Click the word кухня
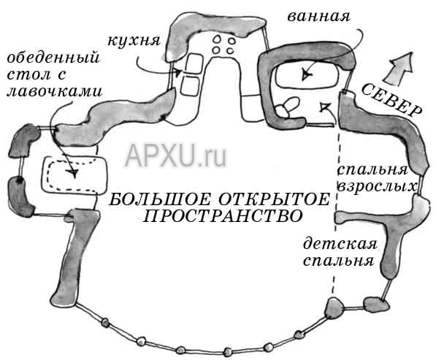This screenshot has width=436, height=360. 134,41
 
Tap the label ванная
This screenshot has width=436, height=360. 318,16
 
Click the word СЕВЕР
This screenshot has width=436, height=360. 391,99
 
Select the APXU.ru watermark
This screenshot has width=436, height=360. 176,156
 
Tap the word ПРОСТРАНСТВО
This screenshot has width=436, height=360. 222,216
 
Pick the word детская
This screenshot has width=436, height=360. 340,244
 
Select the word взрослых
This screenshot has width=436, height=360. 378,187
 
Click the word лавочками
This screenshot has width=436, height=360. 55,91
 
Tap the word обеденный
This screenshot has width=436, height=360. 53,58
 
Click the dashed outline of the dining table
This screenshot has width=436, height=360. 50,175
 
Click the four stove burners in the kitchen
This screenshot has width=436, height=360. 223,45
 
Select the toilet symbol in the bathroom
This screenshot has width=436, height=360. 287,107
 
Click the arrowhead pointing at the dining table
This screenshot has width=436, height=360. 73,172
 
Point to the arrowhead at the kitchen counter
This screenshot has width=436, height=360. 177,73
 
